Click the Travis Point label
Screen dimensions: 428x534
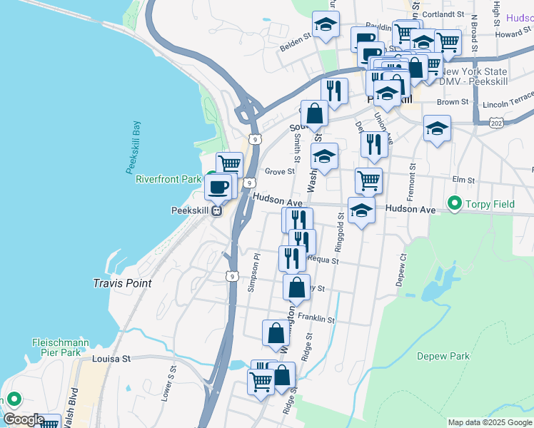(x=122, y=283)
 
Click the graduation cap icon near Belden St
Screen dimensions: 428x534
(x=326, y=26)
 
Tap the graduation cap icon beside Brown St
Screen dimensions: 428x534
(x=437, y=128)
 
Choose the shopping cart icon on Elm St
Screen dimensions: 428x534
(x=368, y=180)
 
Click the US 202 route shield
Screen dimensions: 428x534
(x=495, y=123)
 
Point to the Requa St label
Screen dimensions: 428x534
(x=323, y=261)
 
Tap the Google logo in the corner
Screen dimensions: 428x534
(x=23, y=419)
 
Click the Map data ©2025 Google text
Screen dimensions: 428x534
(x=490, y=422)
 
